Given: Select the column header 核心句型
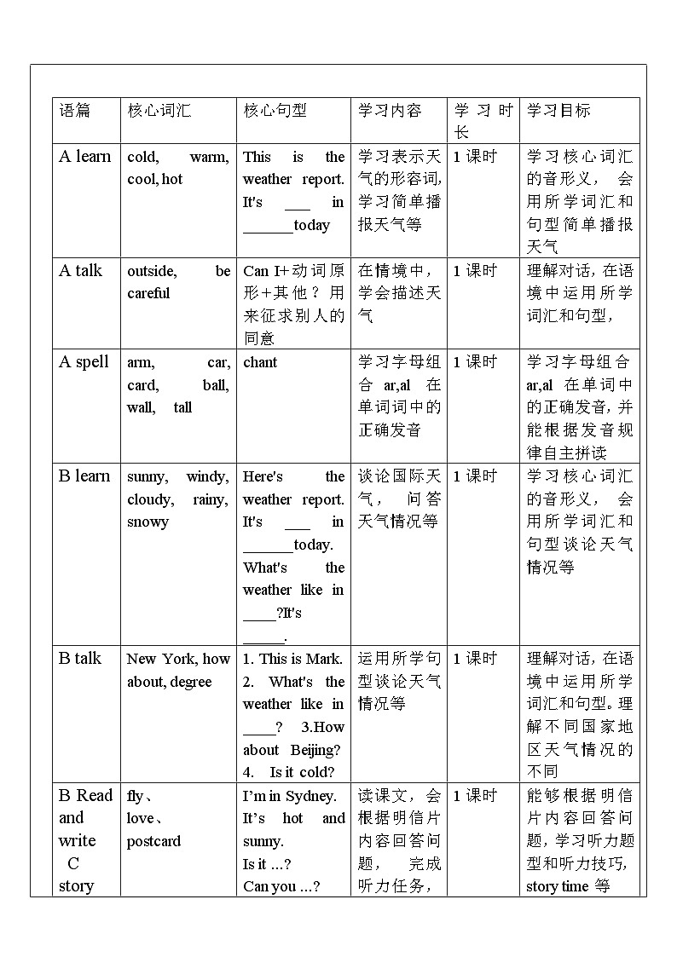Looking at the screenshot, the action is coord(275,110).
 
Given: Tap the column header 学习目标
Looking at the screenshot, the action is coord(558,110).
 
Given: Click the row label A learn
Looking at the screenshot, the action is coord(84,156).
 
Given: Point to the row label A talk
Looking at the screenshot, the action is coord(80,271).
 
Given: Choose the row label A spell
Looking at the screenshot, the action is coord(84,362).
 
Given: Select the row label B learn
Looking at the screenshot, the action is coord(84,476).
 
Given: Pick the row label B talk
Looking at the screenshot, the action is coord(80,658).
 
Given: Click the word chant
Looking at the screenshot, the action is coord(260,362).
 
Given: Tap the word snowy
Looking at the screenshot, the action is coord(148,522).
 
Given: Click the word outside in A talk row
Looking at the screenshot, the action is coord(152,271).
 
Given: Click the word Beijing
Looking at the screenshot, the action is coord(314,750).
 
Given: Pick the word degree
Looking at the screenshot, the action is coord(191,682).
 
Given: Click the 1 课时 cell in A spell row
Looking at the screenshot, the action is coord(474,362).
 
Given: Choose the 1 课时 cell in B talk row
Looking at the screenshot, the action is coord(474,658).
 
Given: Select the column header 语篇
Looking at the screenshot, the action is coord(74,110).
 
